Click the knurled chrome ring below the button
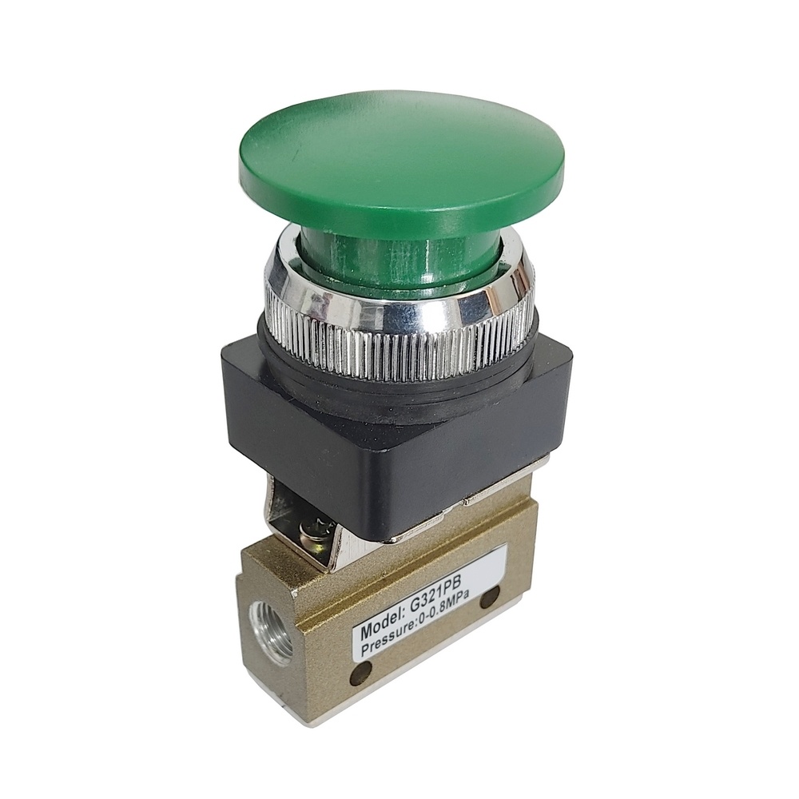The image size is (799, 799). (400, 326)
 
